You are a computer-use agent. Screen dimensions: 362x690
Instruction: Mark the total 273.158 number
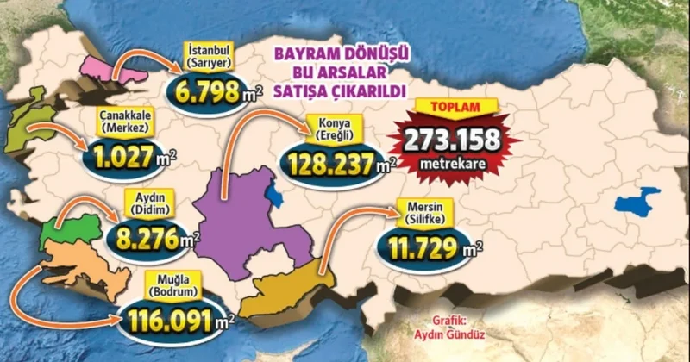(x=448, y=137)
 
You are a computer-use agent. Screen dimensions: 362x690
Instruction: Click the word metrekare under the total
(x=448, y=161)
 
